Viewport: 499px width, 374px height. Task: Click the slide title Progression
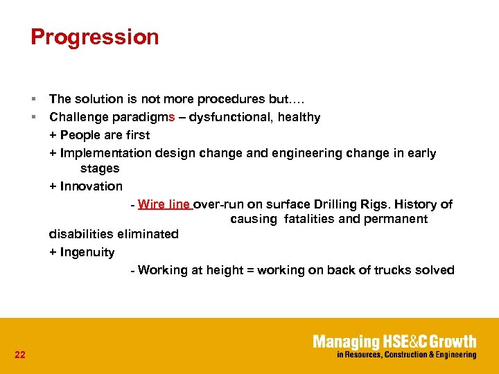[x=95, y=37]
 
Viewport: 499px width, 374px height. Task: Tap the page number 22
[x=19, y=355]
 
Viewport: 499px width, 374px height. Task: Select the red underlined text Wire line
[x=164, y=204]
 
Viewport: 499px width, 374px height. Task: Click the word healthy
[x=299, y=117]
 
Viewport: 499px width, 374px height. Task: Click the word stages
[x=100, y=168]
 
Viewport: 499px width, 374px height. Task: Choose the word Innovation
[x=91, y=186]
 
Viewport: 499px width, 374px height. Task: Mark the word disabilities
[x=82, y=234]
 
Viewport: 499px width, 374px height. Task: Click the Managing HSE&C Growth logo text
[x=394, y=341]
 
